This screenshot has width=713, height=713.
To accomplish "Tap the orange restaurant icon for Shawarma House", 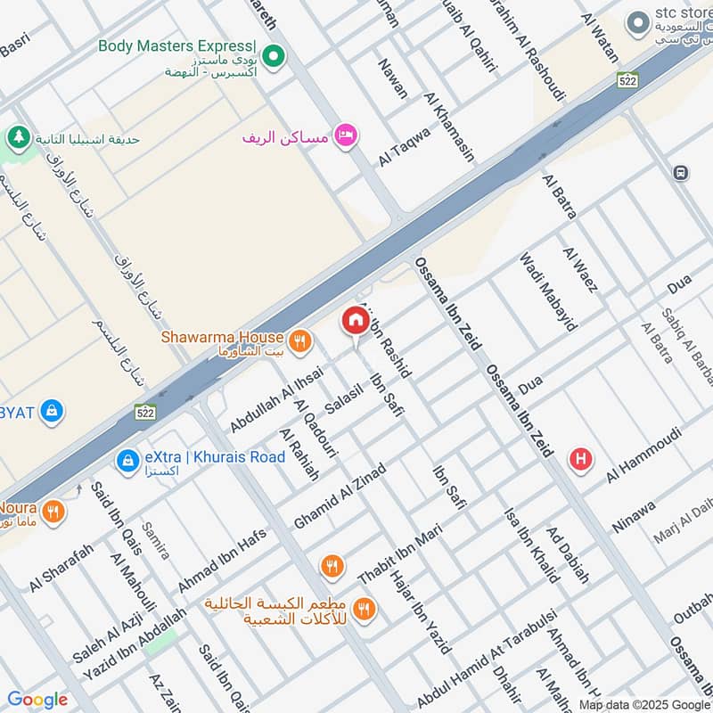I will (300, 340).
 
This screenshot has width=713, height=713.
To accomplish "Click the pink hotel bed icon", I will (346, 135).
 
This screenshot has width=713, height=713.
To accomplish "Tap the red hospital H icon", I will (581, 460).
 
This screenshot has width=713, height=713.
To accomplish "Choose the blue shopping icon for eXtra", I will (127, 460).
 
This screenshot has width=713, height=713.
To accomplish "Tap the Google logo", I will (37, 700).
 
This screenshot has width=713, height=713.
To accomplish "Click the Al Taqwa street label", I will (404, 145).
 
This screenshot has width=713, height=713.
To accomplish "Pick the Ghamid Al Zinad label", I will (340, 496).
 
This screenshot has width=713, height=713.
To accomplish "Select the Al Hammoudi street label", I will (643, 455).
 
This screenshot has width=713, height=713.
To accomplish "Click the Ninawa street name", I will (634, 516).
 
